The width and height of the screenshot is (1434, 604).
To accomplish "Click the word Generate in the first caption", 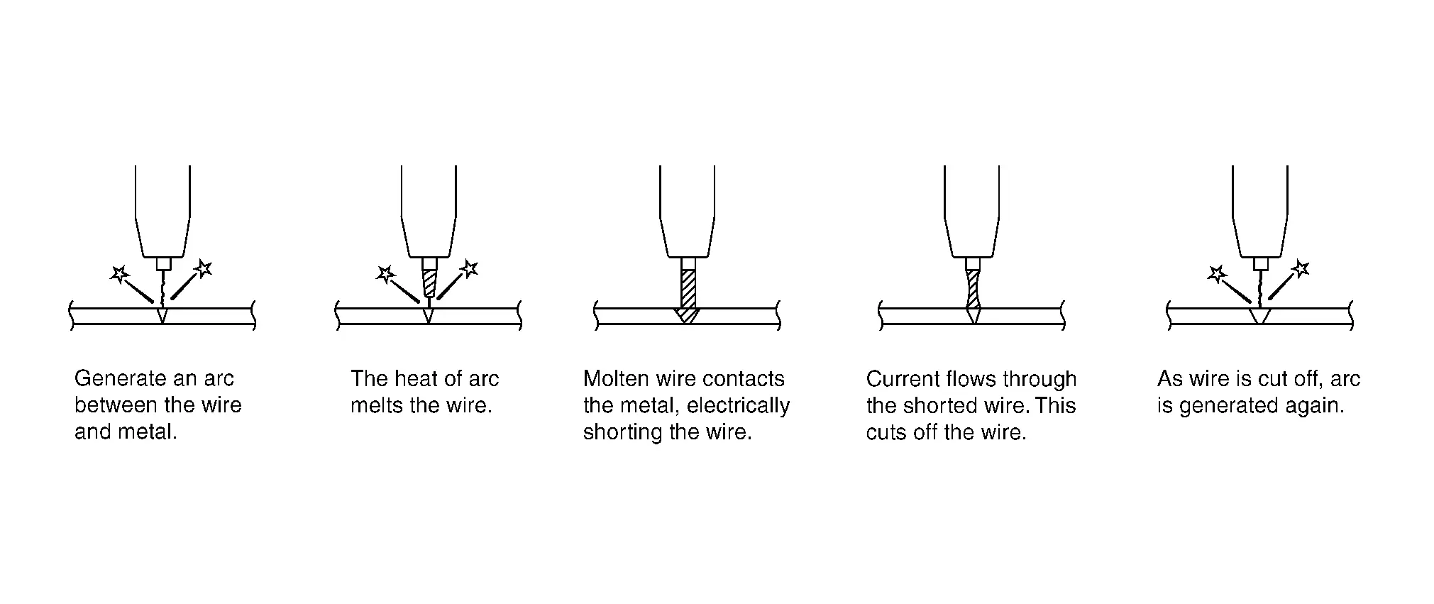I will click(x=110, y=378).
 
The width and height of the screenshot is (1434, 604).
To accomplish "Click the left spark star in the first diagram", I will click(x=119, y=273).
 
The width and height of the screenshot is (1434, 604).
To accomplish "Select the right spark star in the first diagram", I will click(x=203, y=268).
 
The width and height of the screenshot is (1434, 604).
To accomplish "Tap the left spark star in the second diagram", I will click(x=385, y=273).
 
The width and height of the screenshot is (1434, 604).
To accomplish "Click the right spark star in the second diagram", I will click(x=469, y=268).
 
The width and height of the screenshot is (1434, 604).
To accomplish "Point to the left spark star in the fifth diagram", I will click(x=1216, y=273).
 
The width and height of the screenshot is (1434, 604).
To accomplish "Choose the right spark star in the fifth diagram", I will click(x=1300, y=268).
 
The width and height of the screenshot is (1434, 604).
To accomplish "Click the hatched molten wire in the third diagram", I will click(x=688, y=291).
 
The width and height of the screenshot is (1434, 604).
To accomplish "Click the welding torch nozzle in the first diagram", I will click(x=162, y=213).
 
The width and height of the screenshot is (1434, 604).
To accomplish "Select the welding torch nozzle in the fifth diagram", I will click(x=1259, y=213).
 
